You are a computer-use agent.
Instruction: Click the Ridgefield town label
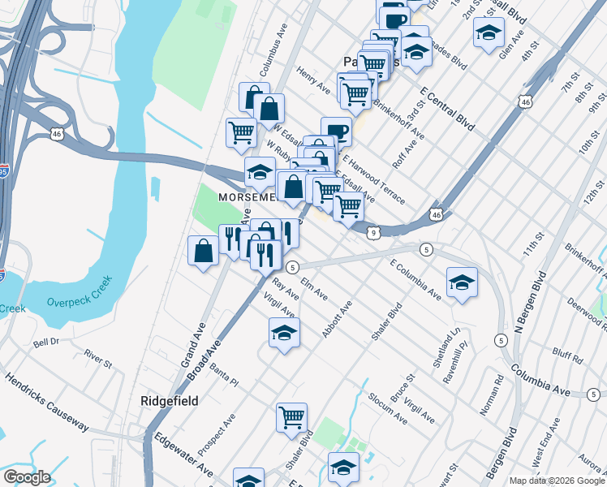169,401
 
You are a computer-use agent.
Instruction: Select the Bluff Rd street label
567,357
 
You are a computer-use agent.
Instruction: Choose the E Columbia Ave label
415,280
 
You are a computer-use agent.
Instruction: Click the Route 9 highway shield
372,233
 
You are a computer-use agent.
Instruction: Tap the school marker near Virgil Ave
284,332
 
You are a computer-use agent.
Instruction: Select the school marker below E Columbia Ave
462,282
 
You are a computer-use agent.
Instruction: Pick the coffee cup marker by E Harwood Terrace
336,131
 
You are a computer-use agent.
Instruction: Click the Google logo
28,477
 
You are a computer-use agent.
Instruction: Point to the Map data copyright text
556,481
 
